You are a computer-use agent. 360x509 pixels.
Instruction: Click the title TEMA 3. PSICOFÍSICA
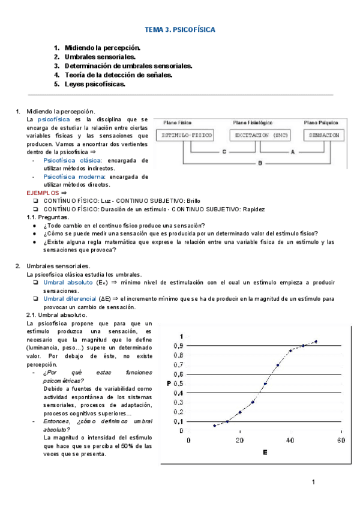pos(180,29)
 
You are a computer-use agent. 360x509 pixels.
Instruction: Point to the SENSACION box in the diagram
pos(324,136)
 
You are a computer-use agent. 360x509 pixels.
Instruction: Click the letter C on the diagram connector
pos(223,152)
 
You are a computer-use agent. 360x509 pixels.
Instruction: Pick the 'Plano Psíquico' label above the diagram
pos(322,122)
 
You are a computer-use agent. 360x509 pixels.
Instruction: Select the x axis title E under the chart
pos(265,451)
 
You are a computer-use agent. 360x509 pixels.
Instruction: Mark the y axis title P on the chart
pos(169,383)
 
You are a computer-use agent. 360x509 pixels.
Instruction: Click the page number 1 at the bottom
pos(313,482)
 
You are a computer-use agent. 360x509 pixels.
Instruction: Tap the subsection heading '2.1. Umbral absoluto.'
pos(57,315)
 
